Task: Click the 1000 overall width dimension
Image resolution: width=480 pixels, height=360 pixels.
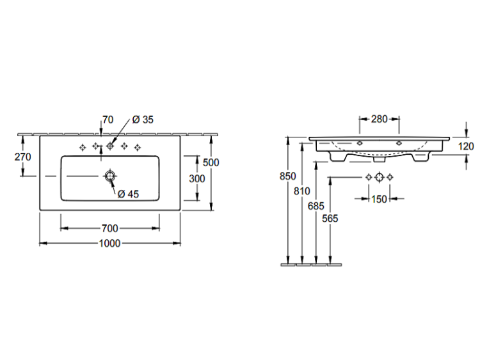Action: click(x=109, y=243)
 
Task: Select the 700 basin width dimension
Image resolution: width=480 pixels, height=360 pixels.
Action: click(x=109, y=228)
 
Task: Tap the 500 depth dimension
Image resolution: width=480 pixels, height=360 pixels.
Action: click(x=211, y=162)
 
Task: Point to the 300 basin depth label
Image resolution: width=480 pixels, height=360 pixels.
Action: click(x=197, y=178)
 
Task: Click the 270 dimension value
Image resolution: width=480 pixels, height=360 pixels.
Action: click(x=22, y=157)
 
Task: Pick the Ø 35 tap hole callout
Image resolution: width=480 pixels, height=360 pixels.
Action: click(x=143, y=120)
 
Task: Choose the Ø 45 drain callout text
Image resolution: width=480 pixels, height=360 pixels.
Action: click(x=128, y=194)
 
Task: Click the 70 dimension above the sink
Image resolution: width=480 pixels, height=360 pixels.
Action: click(x=108, y=120)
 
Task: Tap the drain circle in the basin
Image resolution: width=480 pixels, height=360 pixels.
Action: click(x=110, y=176)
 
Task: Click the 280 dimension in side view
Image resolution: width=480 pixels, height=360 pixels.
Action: click(x=380, y=119)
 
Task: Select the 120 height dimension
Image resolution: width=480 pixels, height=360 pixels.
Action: click(x=466, y=146)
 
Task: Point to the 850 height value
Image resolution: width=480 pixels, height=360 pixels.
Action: click(x=288, y=176)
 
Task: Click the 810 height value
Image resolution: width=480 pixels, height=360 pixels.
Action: click(x=302, y=191)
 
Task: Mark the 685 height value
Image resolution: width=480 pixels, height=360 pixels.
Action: click(x=316, y=206)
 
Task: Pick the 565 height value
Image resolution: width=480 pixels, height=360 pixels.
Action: click(x=330, y=219)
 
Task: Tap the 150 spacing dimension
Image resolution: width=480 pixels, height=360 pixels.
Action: click(x=379, y=199)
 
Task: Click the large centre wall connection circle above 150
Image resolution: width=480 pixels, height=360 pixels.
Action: click(x=380, y=177)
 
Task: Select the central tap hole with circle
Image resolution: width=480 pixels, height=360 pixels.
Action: click(x=110, y=146)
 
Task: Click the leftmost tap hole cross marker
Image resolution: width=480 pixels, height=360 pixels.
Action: click(x=83, y=148)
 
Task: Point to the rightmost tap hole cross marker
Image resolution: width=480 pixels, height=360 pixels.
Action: click(x=138, y=148)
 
